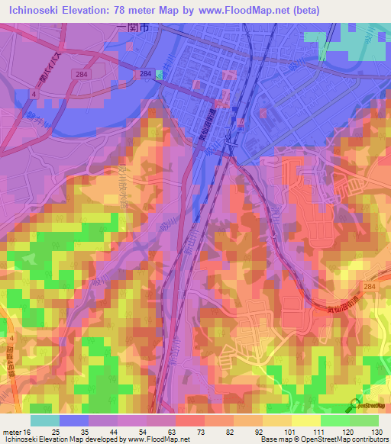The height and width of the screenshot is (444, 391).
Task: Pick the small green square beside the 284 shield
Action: [160, 74]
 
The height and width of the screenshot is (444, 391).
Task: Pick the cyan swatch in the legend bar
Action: [45, 420]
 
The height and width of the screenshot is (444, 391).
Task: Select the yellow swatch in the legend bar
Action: [305, 420]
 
